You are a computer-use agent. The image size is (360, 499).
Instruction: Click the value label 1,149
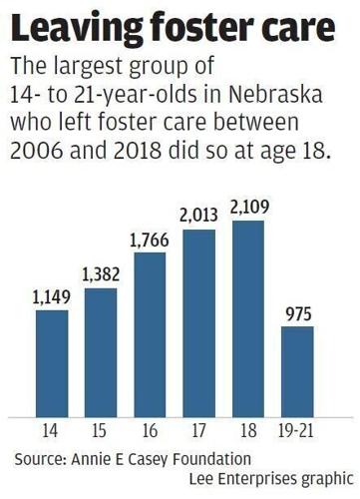pyautogui.click(x=51, y=297)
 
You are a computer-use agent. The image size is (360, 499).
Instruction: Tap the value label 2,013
pyautogui.click(x=198, y=215)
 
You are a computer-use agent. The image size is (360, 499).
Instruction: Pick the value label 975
pyautogui.click(x=297, y=313)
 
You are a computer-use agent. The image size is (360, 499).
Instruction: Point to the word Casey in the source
pyautogui.click(x=164, y=458)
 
